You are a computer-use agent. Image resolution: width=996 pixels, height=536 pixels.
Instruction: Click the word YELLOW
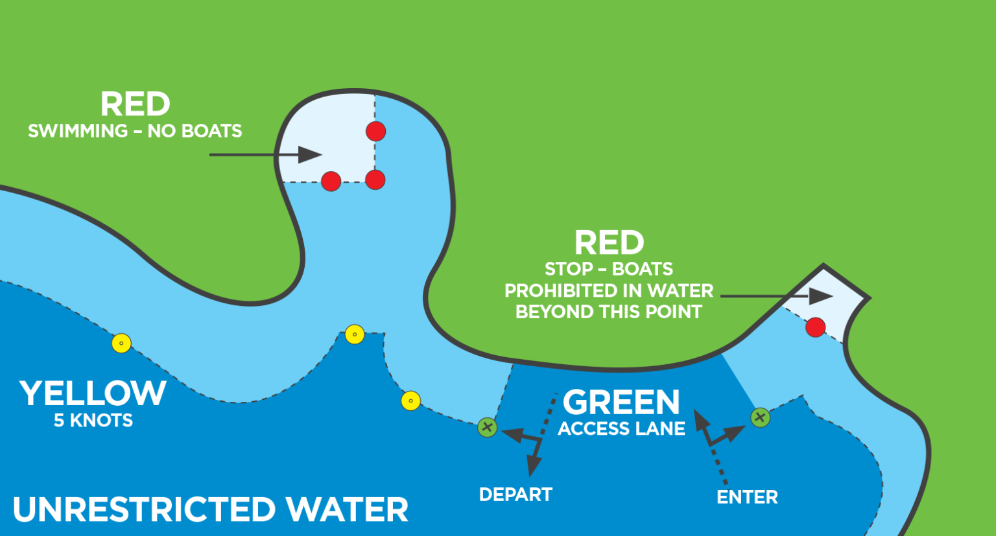pyautogui.click(x=93, y=393)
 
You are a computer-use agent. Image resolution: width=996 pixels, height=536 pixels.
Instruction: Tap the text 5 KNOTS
pyautogui.click(x=93, y=421)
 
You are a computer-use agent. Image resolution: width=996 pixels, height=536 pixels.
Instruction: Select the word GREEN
pyautogui.click(x=621, y=402)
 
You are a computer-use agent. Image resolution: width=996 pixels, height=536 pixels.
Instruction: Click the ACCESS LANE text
pyautogui.click(x=621, y=428)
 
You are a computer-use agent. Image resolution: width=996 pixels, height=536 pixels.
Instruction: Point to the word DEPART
pyautogui.click(x=516, y=495)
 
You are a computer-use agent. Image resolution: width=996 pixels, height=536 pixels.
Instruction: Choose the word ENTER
pyautogui.click(x=747, y=497)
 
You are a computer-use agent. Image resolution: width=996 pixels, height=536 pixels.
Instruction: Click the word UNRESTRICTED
pyautogui.click(x=143, y=509)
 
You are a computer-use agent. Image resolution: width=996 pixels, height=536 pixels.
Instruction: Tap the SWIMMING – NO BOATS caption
pyautogui.click(x=135, y=131)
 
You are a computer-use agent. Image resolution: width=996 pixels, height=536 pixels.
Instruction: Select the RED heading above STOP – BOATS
pyautogui.click(x=609, y=243)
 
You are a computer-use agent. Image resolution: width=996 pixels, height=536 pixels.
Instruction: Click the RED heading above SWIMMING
pyautogui.click(x=135, y=104)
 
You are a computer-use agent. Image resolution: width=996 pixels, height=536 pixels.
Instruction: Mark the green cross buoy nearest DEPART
pyautogui.click(x=488, y=427)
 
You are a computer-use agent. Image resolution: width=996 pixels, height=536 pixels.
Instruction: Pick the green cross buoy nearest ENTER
pyautogui.click(x=761, y=417)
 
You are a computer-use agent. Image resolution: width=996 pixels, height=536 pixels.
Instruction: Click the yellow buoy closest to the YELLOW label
pyautogui.click(x=121, y=343)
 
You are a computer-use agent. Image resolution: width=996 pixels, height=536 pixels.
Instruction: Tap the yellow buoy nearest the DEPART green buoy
pyautogui.click(x=410, y=401)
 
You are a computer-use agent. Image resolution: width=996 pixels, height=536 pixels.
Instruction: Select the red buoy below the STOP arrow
pyautogui.click(x=815, y=327)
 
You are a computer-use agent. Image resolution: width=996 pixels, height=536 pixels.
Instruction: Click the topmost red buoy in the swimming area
pyautogui.click(x=375, y=132)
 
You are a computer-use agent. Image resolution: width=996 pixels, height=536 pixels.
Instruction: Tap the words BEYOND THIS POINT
pyautogui.click(x=608, y=312)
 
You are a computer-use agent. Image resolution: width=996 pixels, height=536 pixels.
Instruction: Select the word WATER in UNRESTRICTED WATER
pyautogui.click(x=347, y=509)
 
